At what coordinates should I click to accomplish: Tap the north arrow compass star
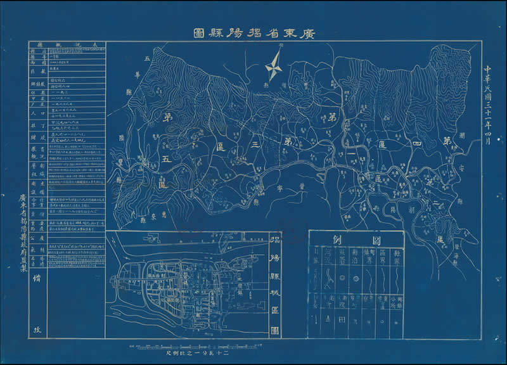(273, 65)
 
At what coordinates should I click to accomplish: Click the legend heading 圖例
(356, 240)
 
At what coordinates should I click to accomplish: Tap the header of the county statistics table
(67, 46)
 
